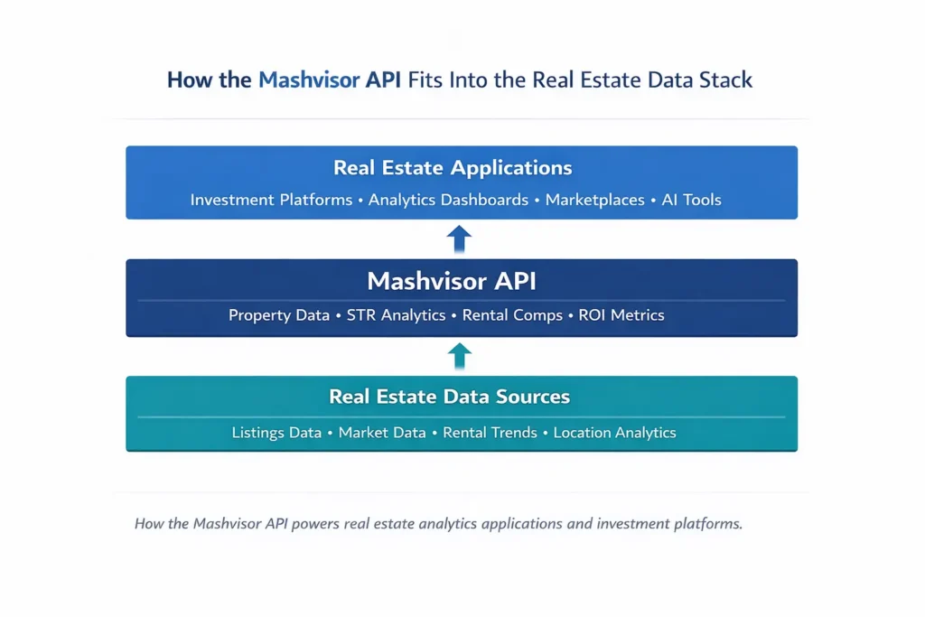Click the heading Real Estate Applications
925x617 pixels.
click(x=453, y=168)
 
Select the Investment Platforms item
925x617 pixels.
click(x=271, y=200)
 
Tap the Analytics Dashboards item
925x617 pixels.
click(x=448, y=200)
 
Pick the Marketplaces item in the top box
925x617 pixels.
click(x=594, y=200)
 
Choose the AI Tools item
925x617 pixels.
click(x=692, y=200)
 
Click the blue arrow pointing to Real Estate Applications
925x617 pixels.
click(x=459, y=238)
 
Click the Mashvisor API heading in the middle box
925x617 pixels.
click(x=452, y=281)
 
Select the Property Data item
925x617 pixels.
click(x=278, y=315)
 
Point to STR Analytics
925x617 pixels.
click(x=396, y=315)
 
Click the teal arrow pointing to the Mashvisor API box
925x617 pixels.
click(x=459, y=355)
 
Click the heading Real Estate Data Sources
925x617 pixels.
click(x=449, y=397)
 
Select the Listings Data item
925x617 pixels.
click(x=276, y=433)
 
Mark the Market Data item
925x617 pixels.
click(x=382, y=433)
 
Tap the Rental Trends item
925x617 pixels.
click(x=490, y=433)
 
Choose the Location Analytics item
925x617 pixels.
click(x=614, y=433)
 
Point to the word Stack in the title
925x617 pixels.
click(x=724, y=79)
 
